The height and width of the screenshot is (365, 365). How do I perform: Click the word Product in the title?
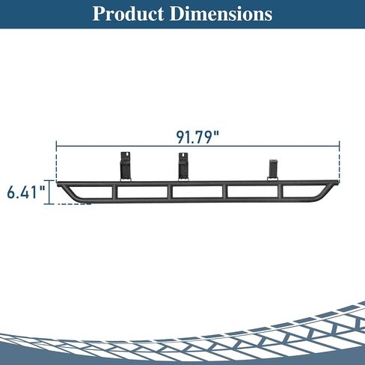click(x=128, y=13)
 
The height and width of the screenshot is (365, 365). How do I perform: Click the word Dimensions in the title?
click(x=221, y=13)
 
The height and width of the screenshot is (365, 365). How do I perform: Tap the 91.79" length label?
click(x=197, y=137)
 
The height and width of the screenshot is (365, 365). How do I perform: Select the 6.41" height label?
click(x=26, y=192)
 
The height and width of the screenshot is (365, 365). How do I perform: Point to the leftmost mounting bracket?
click(x=126, y=167)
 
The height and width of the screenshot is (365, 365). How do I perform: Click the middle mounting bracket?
click(x=183, y=167)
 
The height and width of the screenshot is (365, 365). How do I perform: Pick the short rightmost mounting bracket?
click(x=272, y=171)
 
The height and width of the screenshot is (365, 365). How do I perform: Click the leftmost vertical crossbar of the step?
click(x=115, y=192)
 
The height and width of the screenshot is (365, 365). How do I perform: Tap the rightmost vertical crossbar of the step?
click(x=281, y=192)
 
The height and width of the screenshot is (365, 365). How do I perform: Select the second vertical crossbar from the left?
click(x=170, y=192)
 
